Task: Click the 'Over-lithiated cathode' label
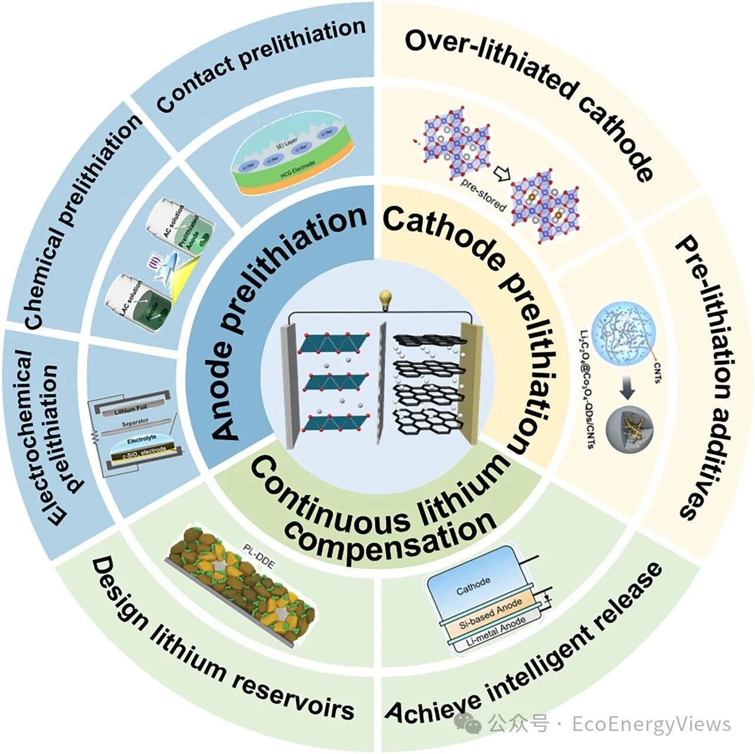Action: (x=531, y=94)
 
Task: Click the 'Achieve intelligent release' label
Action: (x=525, y=649)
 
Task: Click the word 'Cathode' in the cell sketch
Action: (x=473, y=585)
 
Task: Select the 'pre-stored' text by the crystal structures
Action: (x=483, y=194)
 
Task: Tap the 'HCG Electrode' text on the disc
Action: (x=291, y=172)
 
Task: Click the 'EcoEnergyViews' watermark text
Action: (x=651, y=724)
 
